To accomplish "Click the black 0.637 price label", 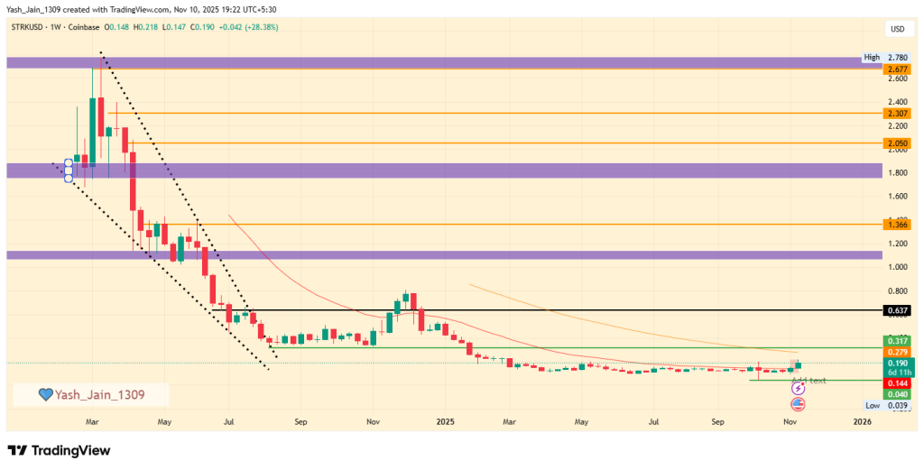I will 897,310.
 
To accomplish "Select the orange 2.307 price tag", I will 897,114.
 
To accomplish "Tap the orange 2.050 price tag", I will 897,143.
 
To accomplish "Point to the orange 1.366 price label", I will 897,225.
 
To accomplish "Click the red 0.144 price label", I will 897,383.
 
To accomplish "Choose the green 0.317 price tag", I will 897,341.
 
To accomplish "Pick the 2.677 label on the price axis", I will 897,69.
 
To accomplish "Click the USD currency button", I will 897,29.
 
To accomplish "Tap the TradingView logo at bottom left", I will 59,450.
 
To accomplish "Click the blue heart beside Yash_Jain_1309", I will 44,394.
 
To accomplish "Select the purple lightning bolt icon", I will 798,388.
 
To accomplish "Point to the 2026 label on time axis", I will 862,421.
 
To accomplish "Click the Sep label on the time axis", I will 718,421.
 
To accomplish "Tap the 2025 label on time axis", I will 443,421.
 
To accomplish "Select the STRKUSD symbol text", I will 28,27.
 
